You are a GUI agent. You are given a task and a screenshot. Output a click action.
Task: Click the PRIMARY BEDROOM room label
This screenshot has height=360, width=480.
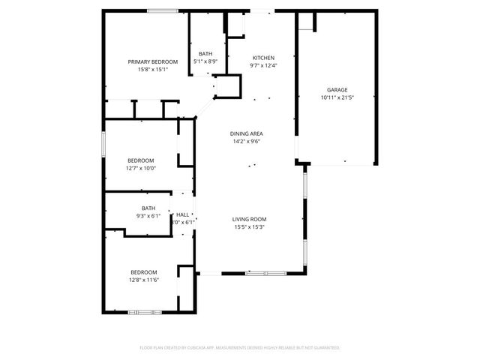coord(152,61)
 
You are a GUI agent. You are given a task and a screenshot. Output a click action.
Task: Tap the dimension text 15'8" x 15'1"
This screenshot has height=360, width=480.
coord(152,69)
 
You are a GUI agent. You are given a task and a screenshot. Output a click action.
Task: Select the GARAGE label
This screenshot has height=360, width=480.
coord(337,89)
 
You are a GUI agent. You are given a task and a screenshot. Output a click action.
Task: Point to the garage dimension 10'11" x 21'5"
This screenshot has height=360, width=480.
coord(337,97)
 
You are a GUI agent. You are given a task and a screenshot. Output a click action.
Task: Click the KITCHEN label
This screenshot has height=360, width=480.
coord(263,58)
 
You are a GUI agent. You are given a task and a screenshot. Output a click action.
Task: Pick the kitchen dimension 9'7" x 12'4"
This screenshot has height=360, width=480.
coord(263,65)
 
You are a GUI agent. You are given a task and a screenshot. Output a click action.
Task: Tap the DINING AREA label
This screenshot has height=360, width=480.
coord(246,133)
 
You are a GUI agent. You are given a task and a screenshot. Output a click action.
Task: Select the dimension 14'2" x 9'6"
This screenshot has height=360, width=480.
coord(246,141)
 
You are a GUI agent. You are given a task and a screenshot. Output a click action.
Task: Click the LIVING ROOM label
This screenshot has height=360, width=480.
coord(250,219)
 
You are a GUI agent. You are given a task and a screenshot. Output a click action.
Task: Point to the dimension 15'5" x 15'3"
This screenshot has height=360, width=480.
coord(250,226)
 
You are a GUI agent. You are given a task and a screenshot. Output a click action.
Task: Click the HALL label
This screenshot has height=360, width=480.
coord(182,214)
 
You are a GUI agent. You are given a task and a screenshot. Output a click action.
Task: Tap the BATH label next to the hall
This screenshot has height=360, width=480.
coord(148,208)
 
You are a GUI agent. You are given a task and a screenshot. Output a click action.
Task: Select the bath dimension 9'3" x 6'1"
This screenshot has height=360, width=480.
coord(148,216)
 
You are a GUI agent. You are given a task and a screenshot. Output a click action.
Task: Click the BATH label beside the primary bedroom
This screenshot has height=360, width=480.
coord(205,53)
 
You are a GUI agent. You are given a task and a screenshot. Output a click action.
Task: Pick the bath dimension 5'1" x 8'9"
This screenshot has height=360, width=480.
coord(205,61)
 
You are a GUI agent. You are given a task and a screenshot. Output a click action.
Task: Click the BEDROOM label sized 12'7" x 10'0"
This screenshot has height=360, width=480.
coord(140,160)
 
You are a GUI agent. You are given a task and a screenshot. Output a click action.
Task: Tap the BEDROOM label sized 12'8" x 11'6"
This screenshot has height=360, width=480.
coord(144,271)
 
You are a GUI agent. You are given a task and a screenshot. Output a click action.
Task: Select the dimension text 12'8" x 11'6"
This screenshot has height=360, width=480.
coord(144,279)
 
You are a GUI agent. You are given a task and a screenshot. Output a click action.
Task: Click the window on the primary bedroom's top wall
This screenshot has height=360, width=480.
coord(162,10)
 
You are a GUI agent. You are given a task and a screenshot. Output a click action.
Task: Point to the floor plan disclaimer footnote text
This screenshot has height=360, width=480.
coord(240,348)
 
